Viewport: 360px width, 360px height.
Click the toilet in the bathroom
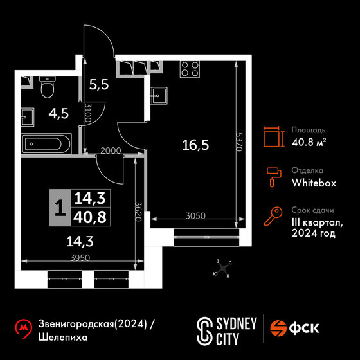[x=48, y=87]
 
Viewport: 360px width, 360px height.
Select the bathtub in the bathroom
[x=46, y=144]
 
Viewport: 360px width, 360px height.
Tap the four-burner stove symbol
[x=190, y=69]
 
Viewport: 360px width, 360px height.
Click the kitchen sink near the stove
[x=159, y=95]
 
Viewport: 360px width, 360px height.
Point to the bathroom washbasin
[x=28, y=117]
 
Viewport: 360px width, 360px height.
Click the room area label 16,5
[x=195, y=145]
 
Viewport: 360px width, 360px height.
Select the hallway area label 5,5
[x=99, y=85]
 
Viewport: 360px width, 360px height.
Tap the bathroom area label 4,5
[x=59, y=113]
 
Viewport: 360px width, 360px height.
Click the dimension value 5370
[x=239, y=141]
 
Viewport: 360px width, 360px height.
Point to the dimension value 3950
[x=80, y=258]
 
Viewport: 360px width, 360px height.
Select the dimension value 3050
[x=195, y=216]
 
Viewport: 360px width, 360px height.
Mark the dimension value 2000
[x=111, y=150]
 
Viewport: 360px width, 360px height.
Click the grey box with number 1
[x=60, y=208]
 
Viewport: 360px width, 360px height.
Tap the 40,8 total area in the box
[x=90, y=217]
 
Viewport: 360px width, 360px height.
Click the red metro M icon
[x=23, y=328]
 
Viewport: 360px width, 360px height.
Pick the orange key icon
[x=273, y=216]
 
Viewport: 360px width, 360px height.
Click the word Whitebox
[x=314, y=183]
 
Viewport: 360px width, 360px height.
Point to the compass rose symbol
[x=222, y=268]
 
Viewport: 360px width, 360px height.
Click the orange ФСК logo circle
[x=278, y=328]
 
